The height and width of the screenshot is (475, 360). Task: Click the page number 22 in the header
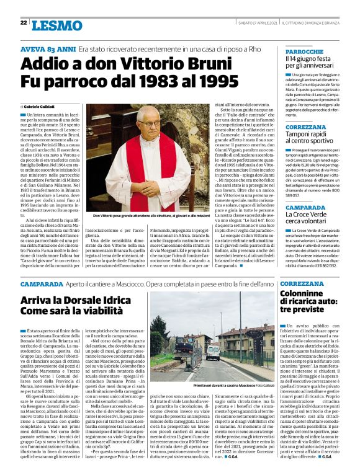pyautogui.click(x=22, y=23)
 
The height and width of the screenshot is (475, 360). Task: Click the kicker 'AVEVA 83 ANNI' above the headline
pyautogui.click(x=48, y=48)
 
